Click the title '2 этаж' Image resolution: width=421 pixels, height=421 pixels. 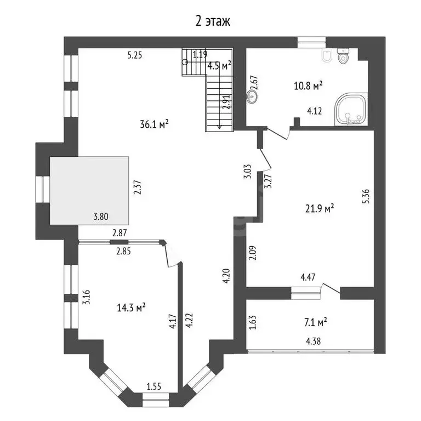point(212,21)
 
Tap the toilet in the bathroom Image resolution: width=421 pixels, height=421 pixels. point(343,55)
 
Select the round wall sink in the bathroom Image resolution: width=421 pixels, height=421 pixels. point(252,96)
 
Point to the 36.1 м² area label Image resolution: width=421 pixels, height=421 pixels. point(154,124)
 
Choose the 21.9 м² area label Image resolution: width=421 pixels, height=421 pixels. point(320,208)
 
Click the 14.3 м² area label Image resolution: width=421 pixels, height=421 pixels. point(132,308)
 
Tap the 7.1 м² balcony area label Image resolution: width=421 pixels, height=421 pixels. point(316,322)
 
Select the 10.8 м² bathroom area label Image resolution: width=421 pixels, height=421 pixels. point(308,86)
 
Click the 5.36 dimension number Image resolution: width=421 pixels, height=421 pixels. point(366,196)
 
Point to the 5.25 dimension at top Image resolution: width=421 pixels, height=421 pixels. point(135,55)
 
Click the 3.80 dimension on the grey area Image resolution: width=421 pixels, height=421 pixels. point(101,217)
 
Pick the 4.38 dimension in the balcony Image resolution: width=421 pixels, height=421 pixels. point(314,342)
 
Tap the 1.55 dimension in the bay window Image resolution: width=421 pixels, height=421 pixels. point(154,386)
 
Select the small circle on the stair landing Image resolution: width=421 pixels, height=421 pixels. point(185,62)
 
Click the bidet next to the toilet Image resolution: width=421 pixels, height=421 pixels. point(327,56)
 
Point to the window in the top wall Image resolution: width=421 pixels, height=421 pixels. point(311,42)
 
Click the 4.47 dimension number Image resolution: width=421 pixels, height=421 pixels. point(308,277)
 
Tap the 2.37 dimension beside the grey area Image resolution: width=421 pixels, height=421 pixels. point(138,187)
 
